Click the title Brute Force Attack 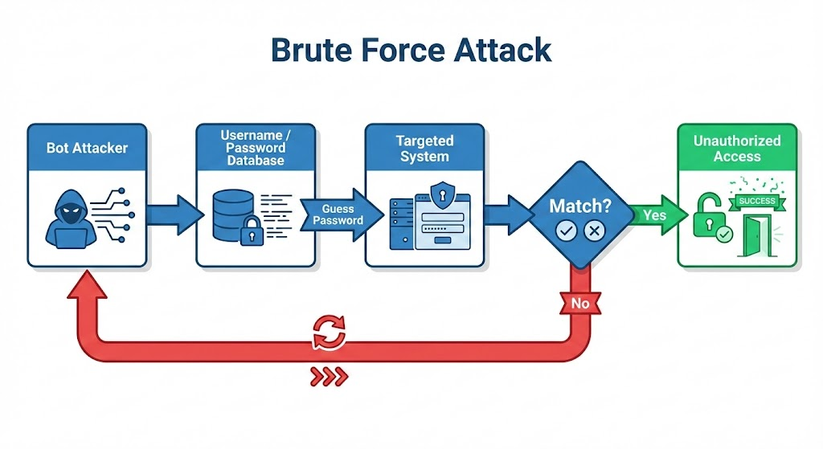point(411,50)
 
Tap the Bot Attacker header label point(87,148)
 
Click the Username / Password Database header point(256,148)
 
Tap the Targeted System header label point(424,148)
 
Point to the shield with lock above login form point(441,194)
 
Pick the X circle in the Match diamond point(595,231)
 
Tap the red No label point(580,304)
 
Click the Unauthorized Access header point(737,148)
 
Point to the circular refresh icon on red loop point(330,331)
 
